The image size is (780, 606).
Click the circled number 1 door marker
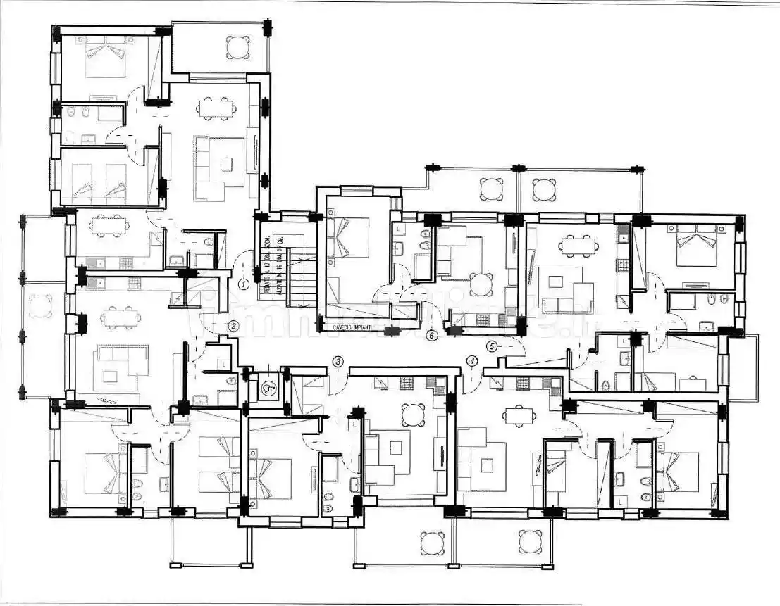242,284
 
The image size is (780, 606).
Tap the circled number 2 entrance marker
233,325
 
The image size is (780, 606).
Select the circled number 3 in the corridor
338,362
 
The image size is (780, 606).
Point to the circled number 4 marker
471,361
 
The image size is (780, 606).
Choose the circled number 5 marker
492,346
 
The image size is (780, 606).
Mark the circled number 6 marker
432,336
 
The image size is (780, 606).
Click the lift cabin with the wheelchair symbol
268,386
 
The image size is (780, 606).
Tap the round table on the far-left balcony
39,308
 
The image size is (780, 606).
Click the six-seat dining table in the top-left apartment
216,108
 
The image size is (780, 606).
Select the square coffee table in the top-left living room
225,164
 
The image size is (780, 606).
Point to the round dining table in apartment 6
482,284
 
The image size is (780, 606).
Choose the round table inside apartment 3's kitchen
414,415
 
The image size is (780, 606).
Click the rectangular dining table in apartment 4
517,415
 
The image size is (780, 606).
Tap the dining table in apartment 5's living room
578,246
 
